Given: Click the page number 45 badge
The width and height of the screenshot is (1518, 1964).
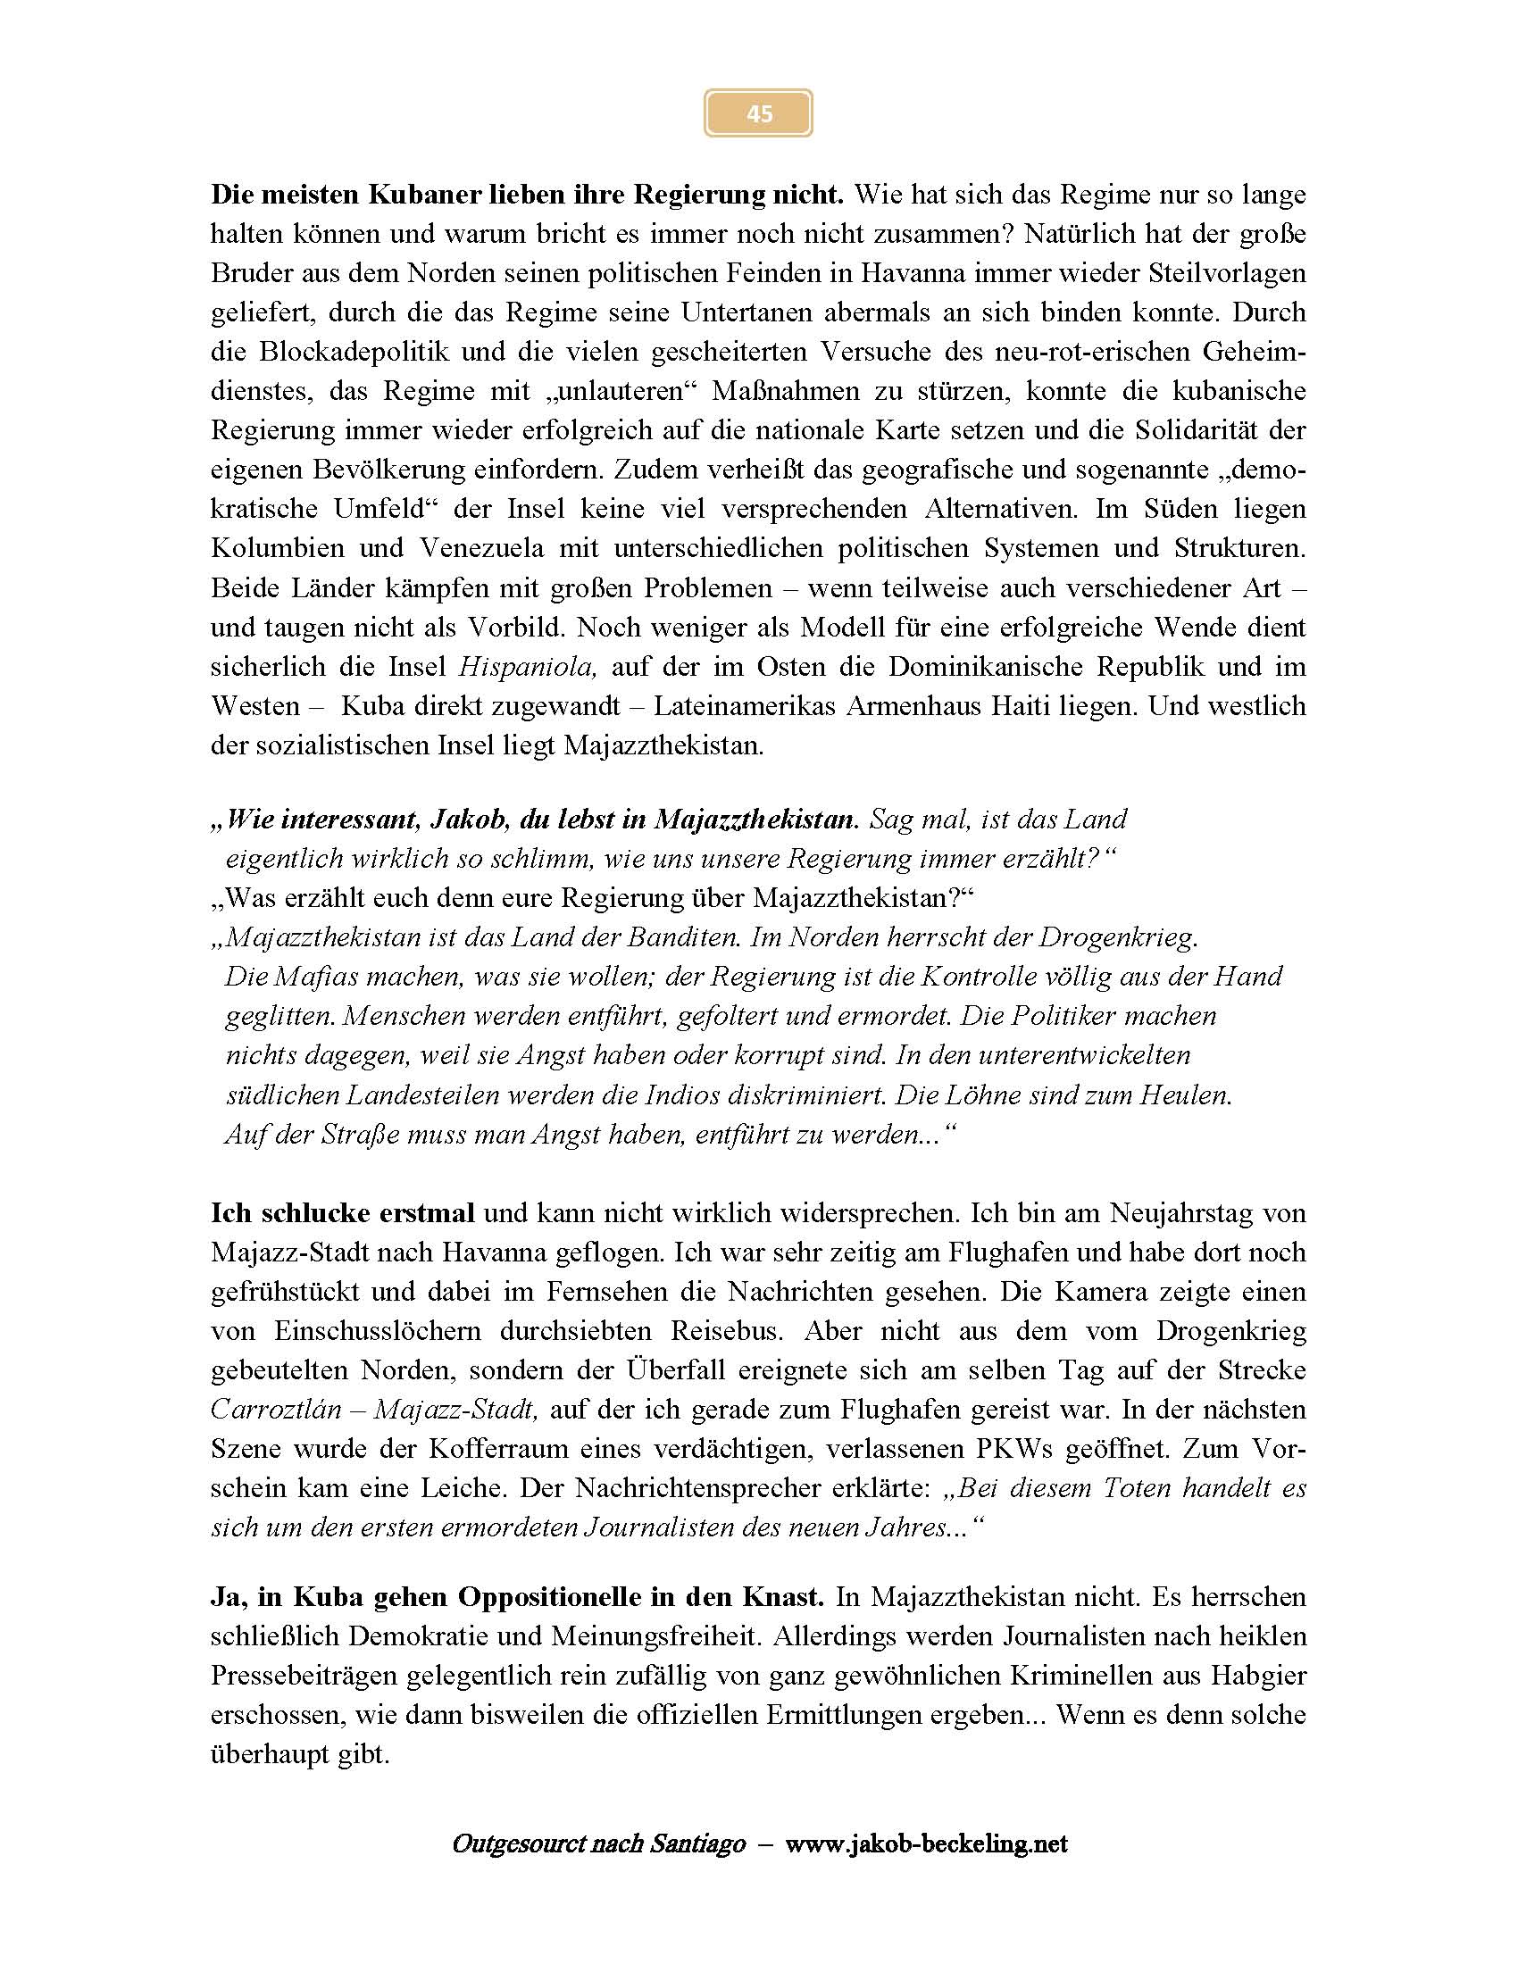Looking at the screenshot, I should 758,113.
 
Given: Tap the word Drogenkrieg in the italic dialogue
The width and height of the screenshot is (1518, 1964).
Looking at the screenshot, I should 1117,938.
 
